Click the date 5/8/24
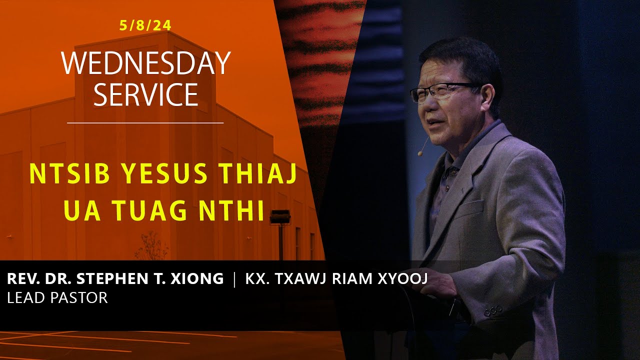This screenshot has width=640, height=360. click(145, 25)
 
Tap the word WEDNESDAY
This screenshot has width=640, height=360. click(145, 63)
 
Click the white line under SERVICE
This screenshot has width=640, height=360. click(145, 122)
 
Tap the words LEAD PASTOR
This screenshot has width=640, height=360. click(57, 298)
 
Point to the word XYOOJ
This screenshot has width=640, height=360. click(403, 278)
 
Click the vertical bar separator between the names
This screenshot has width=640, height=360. click(234, 278)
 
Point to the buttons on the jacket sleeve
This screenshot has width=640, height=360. click(492, 310)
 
